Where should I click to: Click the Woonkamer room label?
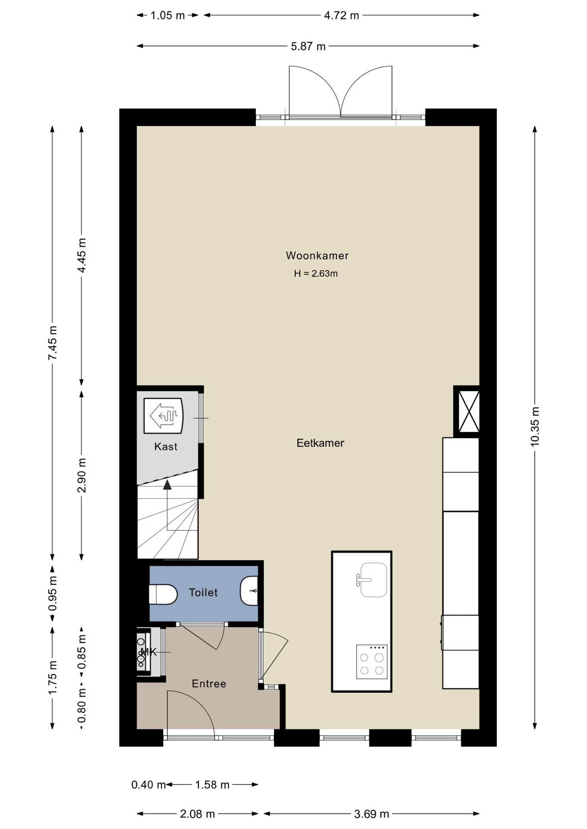[x=317, y=256]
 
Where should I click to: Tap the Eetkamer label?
[x=320, y=443]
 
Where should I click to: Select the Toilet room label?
[x=203, y=592]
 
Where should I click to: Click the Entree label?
[x=209, y=683]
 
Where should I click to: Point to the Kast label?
[x=166, y=446]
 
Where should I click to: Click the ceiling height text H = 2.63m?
[x=316, y=273]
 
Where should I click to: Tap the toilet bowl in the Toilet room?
[x=163, y=595]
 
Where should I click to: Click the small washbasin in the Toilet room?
[x=249, y=591]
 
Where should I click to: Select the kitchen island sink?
[x=372, y=580]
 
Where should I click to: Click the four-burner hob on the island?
[x=372, y=661]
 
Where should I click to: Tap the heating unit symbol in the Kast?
[x=163, y=416]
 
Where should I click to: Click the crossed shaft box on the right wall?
[x=469, y=411]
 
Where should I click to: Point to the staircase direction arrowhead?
[x=167, y=484]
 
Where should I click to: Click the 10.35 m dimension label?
[x=535, y=426]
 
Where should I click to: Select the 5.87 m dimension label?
[x=308, y=46]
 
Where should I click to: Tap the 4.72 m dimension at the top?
[x=341, y=16]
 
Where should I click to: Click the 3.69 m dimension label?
[x=372, y=814]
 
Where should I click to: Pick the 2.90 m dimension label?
[x=82, y=475]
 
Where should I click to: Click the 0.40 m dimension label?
[x=149, y=785]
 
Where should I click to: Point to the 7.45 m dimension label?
[x=53, y=343]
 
